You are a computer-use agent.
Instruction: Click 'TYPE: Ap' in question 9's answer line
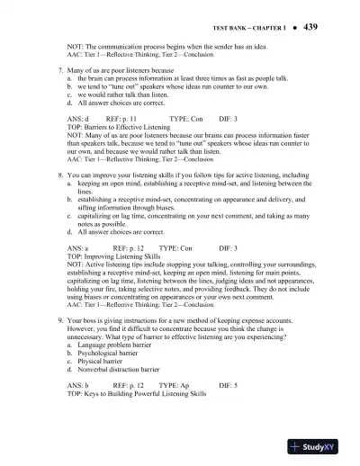pyautogui.click(x=174, y=385)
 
